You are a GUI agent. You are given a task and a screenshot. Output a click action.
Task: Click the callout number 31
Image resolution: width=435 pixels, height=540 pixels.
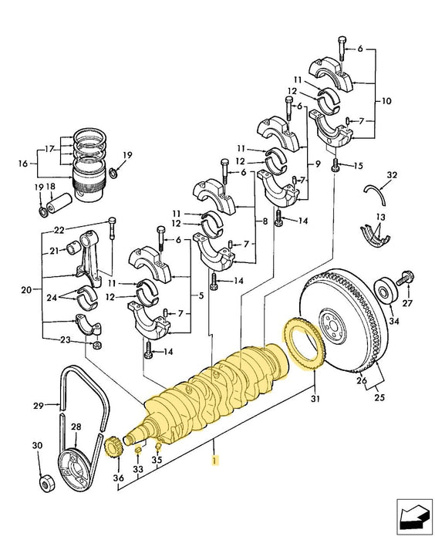click(314, 398)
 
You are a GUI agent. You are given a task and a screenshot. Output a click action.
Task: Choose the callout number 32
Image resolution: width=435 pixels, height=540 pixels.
click(392, 176)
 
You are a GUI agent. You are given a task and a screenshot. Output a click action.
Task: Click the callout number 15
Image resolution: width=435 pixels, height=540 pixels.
click(357, 166)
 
